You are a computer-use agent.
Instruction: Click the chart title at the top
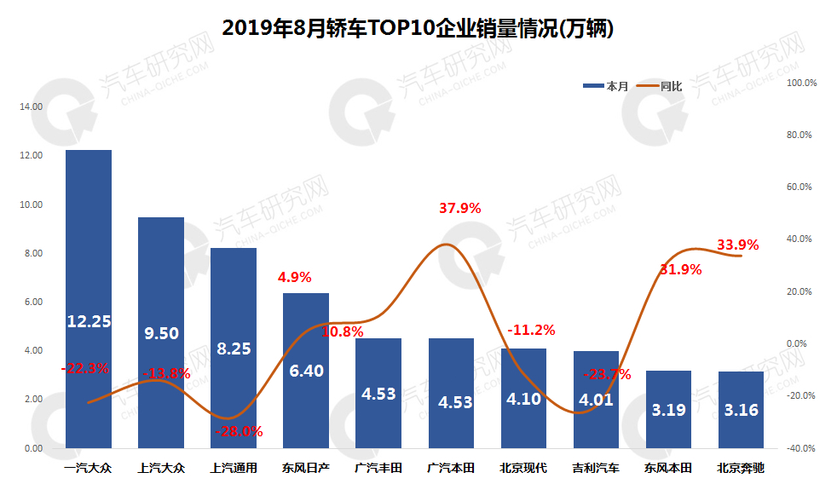point(418,28)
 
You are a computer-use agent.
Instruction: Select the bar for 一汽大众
point(89,256)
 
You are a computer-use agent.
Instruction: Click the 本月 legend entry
point(606,86)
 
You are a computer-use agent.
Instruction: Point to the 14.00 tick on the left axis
point(32,107)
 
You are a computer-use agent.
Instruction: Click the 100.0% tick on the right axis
point(801,84)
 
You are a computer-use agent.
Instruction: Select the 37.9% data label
point(459,208)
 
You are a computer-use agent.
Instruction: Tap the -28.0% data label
point(238,431)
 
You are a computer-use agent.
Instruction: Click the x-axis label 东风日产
point(305,468)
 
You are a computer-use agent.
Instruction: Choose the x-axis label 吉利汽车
point(596,468)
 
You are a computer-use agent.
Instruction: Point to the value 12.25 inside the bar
point(89,321)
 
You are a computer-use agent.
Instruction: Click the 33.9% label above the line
point(737,245)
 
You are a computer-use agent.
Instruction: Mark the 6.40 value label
point(305,371)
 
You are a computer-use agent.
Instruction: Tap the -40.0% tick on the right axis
point(801,448)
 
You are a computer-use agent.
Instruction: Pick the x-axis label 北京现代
point(523,468)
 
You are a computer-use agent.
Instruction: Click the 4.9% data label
point(295,277)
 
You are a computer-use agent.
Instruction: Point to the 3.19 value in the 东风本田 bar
point(668,410)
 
